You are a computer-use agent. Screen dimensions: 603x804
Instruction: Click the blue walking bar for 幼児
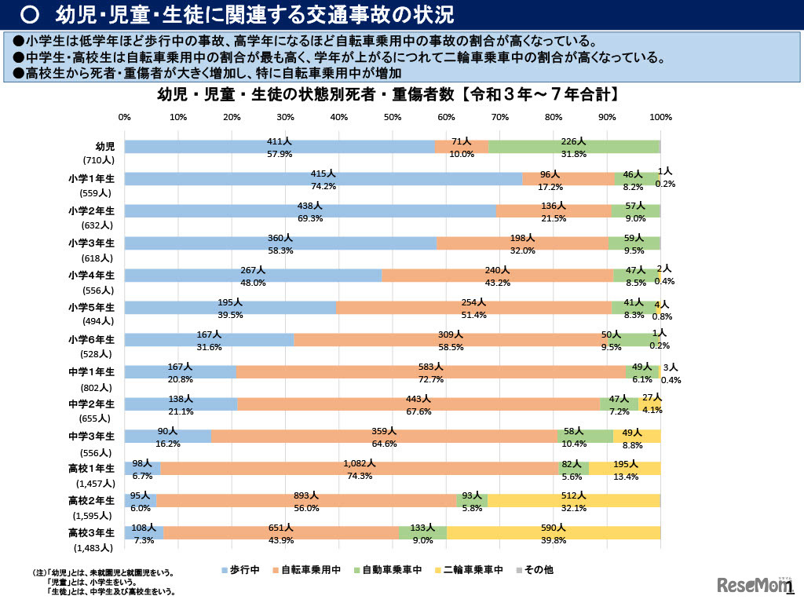tap(236, 147)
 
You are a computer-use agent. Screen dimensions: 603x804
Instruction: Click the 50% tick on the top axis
tap(393, 117)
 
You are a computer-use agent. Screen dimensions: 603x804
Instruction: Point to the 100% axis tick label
tap(661, 117)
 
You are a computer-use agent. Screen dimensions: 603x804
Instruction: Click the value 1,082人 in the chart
tap(360, 464)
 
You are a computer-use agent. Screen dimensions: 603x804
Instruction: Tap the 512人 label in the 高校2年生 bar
tap(573, 495)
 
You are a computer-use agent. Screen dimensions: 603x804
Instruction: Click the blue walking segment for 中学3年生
tap(168, 437)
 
